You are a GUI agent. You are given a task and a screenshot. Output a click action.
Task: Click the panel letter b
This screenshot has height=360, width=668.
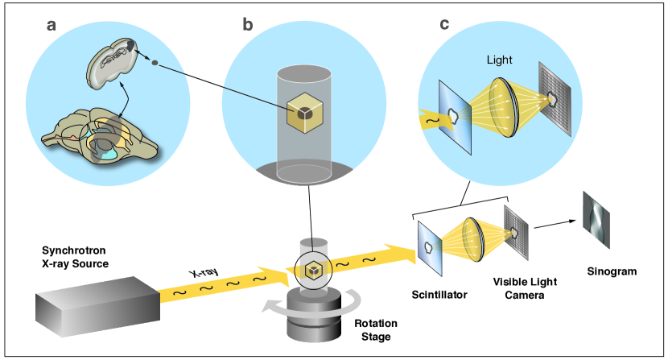pos(247,23)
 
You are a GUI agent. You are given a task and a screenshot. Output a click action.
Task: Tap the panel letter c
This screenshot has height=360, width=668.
pos(444,23)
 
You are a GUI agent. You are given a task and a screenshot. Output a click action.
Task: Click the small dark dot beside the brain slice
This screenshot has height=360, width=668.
pos(155,61)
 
